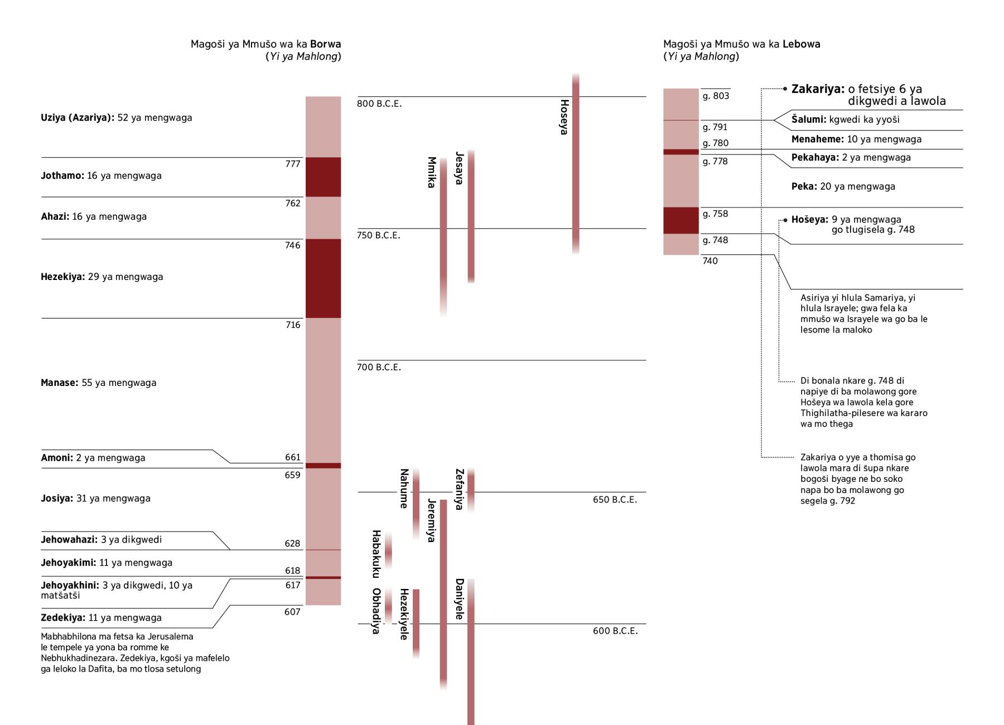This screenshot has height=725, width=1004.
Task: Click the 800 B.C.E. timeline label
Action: pyautogui.click(x=379, y=104)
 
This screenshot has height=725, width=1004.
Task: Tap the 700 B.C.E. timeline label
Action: pyautogui.click(x=379, y=367)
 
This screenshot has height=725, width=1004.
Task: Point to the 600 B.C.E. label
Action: pyautogui.click(x=615, y=631)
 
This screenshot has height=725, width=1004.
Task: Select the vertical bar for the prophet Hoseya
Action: pyautogui.click(x=576, y=164)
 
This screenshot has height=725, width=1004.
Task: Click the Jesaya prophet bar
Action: pyautogui.click(x=471, y=216)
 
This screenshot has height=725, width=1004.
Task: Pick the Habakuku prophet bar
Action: pyautogui.click(x=388, y=550)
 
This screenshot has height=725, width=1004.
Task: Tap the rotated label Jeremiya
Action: pyautogui.click(x=431, y=520)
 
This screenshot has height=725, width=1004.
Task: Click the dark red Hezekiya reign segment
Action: pyautogui.click(x=323, y=278)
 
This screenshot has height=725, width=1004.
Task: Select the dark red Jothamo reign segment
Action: pyautogui.click(x=323, y=177)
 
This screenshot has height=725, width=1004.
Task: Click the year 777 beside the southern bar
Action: pyautogui.click(x=293, y=164)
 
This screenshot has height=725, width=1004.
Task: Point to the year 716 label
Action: pyautogui.click(x=293, y=325)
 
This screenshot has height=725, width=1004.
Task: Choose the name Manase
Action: pyautogui.click(x=60, y=383)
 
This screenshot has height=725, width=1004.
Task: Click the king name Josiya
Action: pyautogui.click(x=57, y=499)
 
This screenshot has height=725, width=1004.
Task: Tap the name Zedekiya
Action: pyautogui.click(x=63, y=618)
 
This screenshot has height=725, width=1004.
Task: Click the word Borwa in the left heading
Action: pyautogui.click(x=326, y=44)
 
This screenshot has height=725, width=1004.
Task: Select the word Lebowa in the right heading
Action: pyautogui.click(x=802, y=44)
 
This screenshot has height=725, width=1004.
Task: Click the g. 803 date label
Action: pyautogui.click(x=716, y=96)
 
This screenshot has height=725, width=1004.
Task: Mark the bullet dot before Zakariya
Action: pyautogui.click(x=785, y=89)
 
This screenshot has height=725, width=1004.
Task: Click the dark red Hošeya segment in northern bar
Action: pyautogui.click(x=681, y=220)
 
